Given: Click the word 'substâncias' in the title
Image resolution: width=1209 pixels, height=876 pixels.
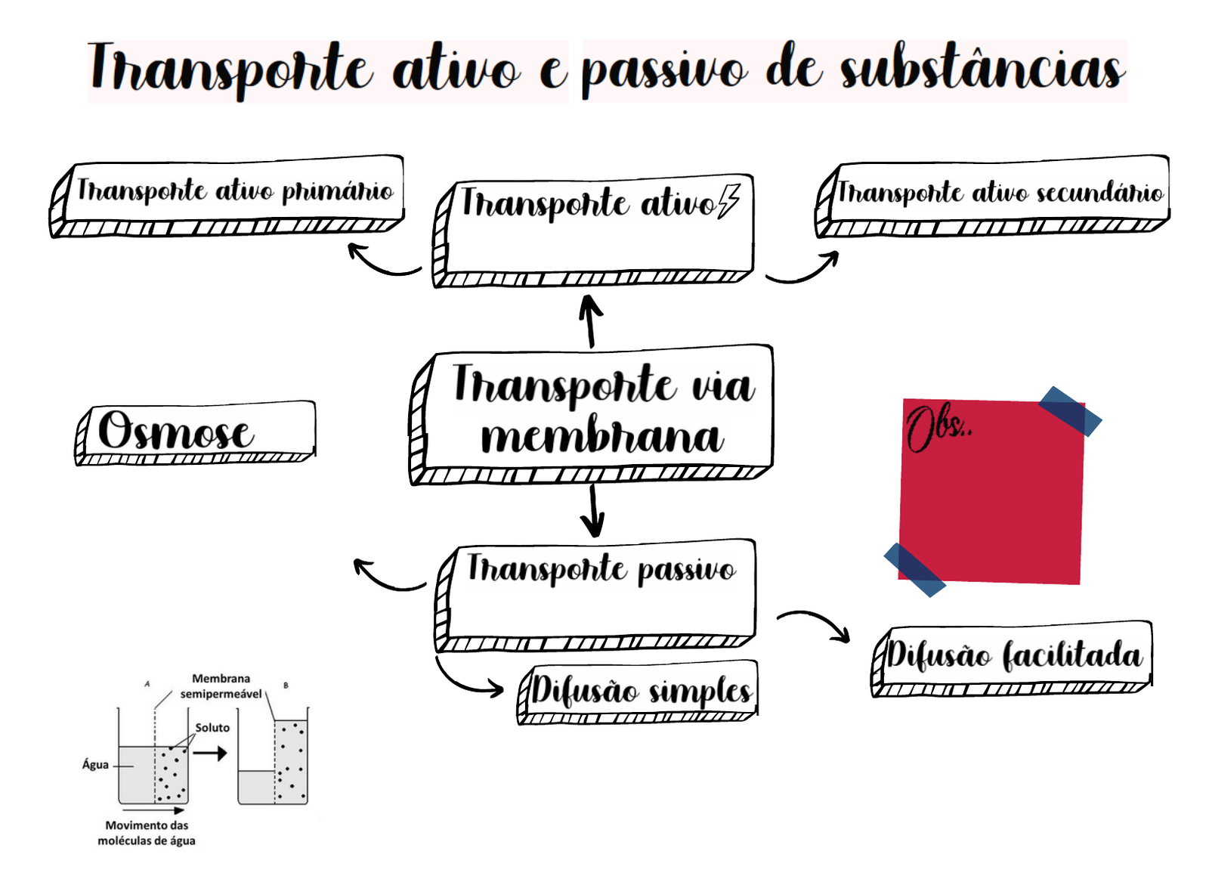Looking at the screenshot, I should coord(982,70).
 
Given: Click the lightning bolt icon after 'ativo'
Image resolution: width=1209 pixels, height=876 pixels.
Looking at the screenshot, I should coord(728,201).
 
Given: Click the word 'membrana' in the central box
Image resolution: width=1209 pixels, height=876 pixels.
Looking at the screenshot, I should coord(602,438).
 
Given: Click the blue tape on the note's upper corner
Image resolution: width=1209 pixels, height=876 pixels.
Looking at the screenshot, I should coord(1070,411).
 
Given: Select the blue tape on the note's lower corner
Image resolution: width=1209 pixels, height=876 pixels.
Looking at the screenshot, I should coord(914,570).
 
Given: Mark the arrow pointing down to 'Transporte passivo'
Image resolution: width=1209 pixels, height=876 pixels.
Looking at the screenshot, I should coord(593,511).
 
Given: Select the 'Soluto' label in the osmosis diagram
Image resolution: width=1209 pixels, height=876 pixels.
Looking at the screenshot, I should coord(212,728).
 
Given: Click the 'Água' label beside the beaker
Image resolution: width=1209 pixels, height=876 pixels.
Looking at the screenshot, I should coord(95,765).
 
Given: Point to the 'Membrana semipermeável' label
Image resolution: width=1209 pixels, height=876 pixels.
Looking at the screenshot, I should coord(221,686).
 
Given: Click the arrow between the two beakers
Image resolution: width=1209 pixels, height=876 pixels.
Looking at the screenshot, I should coord(210,753).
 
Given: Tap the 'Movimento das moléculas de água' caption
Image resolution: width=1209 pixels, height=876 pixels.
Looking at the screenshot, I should coord(147,833).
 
